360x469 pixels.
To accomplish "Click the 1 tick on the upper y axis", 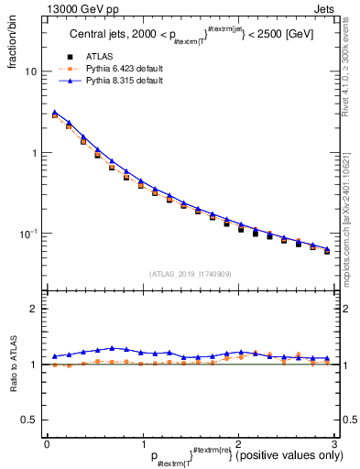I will point(34,153).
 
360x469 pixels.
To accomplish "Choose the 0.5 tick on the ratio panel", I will point(30,420).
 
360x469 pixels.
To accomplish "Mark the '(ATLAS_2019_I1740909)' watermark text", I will point(191,274).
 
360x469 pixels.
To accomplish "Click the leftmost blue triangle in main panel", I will point(55,113).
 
